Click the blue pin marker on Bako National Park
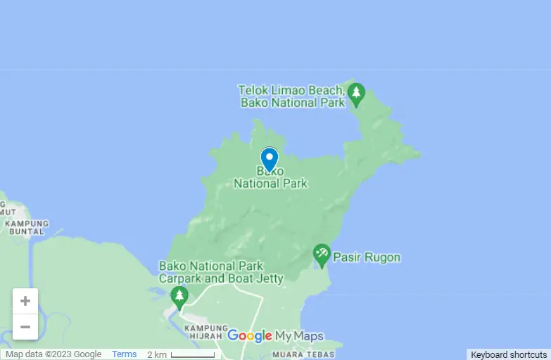[x=270, y=158]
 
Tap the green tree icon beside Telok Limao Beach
[x=357, y=94]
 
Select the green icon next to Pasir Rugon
[x=322, y=255]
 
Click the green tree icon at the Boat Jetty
[x=180, y=297]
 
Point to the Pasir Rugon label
[x=367, y=257]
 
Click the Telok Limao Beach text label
[x=291, y=96]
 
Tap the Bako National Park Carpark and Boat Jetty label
[x=221, y=272]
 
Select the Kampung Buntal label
[x=27, y=227]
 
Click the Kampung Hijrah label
[x=205, y=331]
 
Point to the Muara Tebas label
[x=296, y=354]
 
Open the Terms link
[x=125, y=354]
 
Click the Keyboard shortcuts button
[x=509, y=355]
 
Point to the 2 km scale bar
[x=194, y=354]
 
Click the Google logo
[x=250, y=336]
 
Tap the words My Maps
[x=299, y=336]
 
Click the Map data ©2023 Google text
[x=53, y=354]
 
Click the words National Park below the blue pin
[x=271, y=184]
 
